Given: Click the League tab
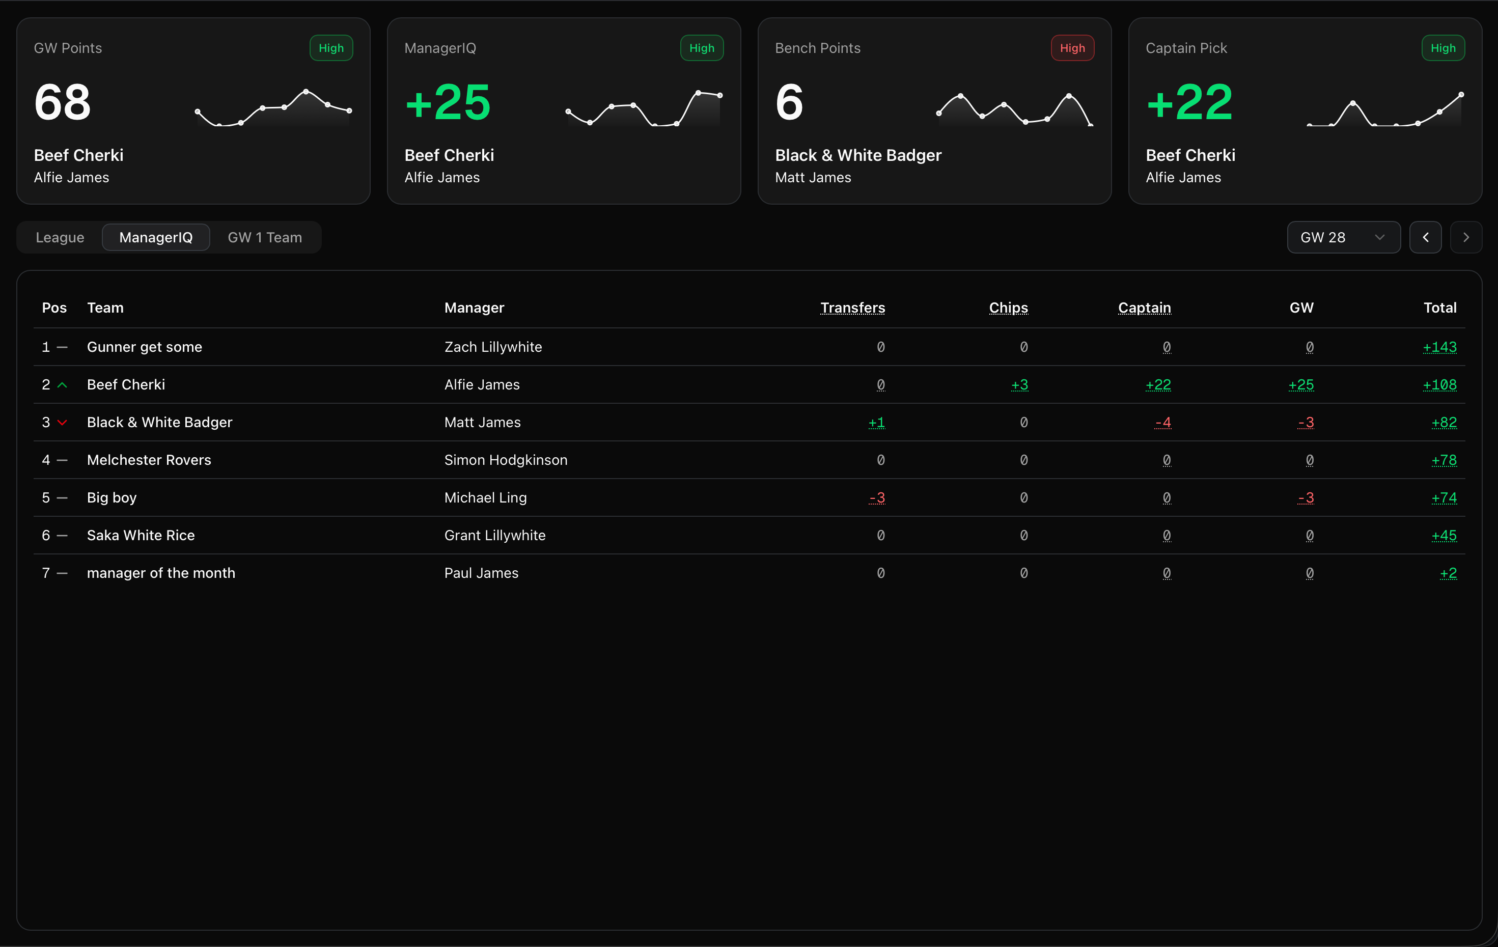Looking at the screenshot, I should point(60,237).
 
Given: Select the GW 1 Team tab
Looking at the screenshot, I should point(264,237).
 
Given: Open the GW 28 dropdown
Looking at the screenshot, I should point(1343,237).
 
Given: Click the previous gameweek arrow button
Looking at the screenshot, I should point(1425,237).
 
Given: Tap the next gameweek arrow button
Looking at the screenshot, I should point(1465,237).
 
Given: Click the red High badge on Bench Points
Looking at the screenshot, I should point(1072,48).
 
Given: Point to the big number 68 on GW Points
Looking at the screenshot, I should point(62,102).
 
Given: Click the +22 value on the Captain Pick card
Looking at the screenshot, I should point(1188,102).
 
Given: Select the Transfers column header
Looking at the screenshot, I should point(852,308).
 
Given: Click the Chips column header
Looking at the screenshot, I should point(1008,308).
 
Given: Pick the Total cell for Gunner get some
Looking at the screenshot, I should point(1439,347).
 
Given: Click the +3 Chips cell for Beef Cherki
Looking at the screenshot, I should point(1019,384).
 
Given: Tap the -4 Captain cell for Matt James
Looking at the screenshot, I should point(1162,423).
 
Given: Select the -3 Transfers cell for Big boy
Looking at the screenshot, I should point(876,498).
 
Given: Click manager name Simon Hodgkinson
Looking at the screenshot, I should point(505,460).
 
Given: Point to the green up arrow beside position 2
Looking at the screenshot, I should point(62,385).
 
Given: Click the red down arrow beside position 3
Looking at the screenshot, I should point(62,423).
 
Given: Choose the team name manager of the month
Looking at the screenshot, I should point(161,573).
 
